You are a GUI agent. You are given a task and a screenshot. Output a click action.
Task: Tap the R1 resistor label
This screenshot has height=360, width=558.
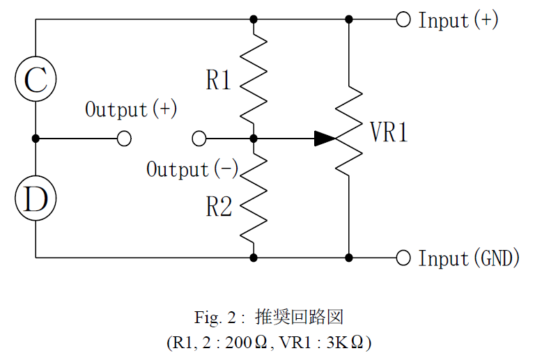219,80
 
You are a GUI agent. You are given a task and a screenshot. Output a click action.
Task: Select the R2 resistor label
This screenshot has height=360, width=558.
219,206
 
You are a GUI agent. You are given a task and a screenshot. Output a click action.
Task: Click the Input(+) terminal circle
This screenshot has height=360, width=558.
403,19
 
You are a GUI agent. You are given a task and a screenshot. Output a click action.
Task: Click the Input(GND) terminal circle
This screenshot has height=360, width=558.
403,258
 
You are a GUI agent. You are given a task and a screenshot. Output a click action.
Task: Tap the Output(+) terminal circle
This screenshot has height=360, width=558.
124,139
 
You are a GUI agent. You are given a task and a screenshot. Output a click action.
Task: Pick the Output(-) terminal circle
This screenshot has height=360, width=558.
199,139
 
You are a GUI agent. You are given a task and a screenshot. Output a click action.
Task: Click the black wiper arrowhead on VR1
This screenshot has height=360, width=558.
325,139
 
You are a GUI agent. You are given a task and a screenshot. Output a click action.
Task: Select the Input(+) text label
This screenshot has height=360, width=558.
458,20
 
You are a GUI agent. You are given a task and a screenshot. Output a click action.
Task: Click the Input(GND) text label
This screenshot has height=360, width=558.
469,258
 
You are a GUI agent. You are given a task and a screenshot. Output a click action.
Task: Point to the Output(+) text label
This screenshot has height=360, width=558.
131,109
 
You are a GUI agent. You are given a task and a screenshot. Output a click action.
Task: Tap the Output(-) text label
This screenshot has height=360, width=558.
192,169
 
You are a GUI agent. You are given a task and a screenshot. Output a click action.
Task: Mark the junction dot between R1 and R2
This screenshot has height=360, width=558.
254,139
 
